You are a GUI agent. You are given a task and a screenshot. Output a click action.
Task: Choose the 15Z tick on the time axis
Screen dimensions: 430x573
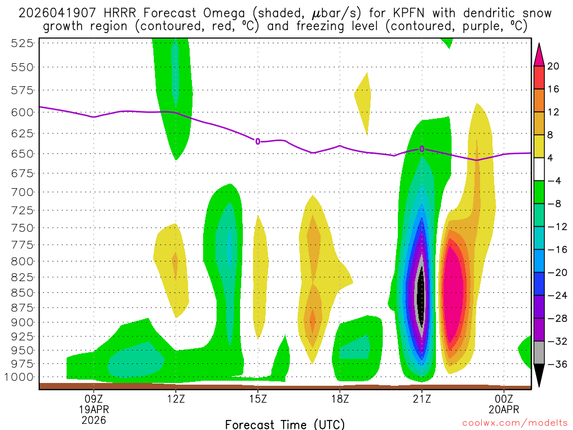(x=258, y=398)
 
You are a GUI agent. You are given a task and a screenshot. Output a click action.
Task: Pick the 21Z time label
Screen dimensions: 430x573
(x=422, y=398)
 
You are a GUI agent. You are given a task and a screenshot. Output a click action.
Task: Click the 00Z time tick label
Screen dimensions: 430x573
(x=504, y=398)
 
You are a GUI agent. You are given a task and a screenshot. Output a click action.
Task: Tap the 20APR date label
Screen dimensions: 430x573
(x=504, y=409)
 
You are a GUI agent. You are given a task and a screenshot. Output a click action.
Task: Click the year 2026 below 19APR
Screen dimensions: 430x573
(x=93, y=419)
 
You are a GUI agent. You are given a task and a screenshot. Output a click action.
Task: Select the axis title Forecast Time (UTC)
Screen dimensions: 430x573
(x=285, y=424)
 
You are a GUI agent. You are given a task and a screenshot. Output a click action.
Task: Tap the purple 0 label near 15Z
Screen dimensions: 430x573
(x=258, y=142)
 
